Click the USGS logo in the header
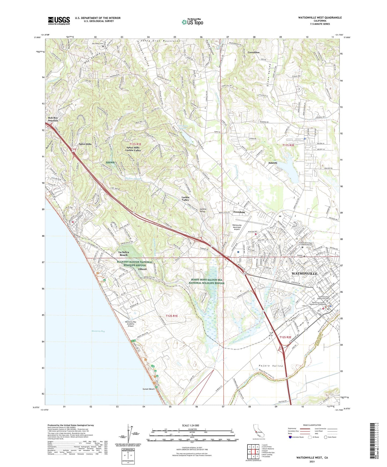tap(59, 20)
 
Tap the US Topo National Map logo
tap(192, 22)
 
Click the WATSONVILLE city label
tap(304, 274)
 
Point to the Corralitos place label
tap(253, 52)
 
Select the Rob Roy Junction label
tap(53, 119)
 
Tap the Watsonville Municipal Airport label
tap(237, 227)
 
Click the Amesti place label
tap(273, 163)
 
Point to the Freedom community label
tap(239, 212)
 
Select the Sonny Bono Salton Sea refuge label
tap(206, 281)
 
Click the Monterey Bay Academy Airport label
tap(131, 324)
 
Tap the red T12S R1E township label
tap(172, 316)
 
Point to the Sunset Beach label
tap(148, 389)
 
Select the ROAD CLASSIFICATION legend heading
tap(312, 425)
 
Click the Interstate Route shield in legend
tap(290, 437)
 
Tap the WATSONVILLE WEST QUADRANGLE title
tap(320, 18)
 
